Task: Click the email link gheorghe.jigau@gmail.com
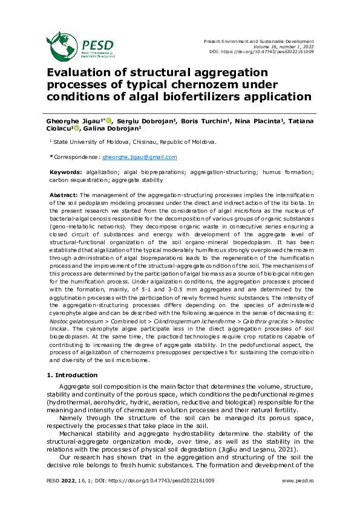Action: (139, 157)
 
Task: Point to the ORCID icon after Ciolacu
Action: (76, 128)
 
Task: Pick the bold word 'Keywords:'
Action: (66, 172)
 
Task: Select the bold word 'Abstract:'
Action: (64, 195)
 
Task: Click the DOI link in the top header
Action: (278, 52)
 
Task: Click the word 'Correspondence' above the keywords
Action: (76, 157)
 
